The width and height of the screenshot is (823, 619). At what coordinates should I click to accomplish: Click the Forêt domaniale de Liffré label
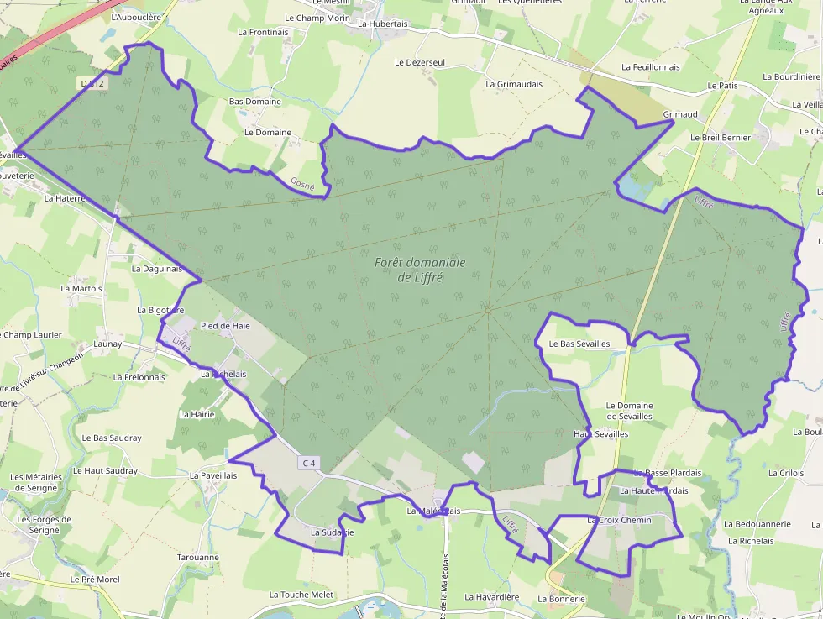click(x=420, y=270)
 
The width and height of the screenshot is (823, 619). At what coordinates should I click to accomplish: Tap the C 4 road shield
click(x=309, y=463)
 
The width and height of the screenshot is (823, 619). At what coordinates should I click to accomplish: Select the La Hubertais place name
click(x=382, y=24)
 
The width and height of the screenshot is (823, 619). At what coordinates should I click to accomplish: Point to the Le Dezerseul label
click(x=420, y=62)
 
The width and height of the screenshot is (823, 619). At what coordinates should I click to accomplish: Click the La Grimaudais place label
click(x=514, y=84)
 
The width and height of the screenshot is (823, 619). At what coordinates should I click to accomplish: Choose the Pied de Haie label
click(x=225, y=325)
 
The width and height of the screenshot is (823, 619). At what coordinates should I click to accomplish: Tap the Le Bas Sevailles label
click(x=579, y=344)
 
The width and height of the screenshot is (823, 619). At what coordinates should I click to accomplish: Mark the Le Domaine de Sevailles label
click(x=629, y=411)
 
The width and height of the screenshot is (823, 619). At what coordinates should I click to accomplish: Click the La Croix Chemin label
click(x=619, y=520)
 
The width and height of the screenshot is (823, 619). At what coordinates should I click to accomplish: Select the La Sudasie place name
click(x=332, y=532)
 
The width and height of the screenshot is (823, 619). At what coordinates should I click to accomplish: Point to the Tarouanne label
click(x=198, y=557)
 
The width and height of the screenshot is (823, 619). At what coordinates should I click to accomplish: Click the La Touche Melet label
click(x=301, y=595)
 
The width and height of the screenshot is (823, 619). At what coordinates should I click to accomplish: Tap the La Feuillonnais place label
click(x=651, y=66)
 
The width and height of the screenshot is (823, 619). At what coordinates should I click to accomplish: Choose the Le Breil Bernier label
click(x=721, y=137)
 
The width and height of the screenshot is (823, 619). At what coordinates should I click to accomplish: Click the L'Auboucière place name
click(x=136, y=17)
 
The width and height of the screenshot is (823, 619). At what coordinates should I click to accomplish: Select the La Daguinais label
click(x=157, y=269)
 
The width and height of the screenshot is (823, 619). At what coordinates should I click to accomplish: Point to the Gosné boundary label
click(x=302, y=182)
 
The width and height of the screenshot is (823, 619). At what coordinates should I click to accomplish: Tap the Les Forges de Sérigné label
click(x=45, y=524)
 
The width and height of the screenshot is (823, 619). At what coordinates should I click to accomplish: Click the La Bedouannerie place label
click(x=757, y=524)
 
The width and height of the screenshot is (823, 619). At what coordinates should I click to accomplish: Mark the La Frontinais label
click(x=264, y=32)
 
